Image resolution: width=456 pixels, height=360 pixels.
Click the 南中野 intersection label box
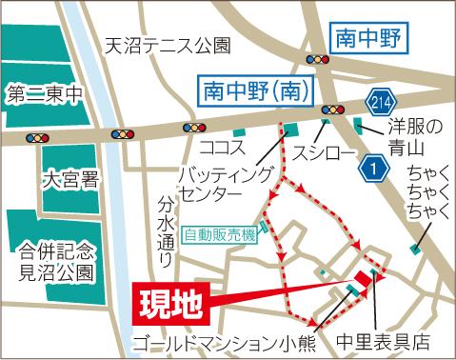pyautogui.click(x=367, y=39)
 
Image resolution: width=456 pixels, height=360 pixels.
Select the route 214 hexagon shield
pyautogui.click(x=378, y=102)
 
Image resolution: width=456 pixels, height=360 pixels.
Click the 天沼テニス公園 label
pyautogui.click(x=169, y=45)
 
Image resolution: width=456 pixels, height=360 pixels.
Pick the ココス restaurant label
pyautogui.click(x=219, y=148)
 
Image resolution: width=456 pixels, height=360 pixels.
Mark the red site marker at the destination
pyautogui.click(x=363, y=283)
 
